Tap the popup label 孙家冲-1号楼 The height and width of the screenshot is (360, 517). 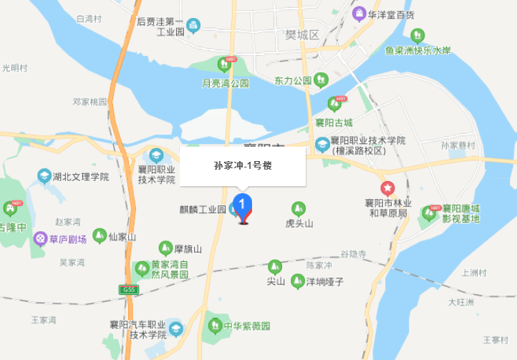pyautogui.click(x=243, y=165)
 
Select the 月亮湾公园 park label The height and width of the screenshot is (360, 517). pyautogui.click(x=225, y=83)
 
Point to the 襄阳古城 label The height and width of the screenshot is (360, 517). pyautogui.click(x=334, y=122)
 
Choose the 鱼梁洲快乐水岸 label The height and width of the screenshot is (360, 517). pyautogui.click(x=417, y=50)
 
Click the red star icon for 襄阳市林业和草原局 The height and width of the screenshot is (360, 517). pyautogui.click(x=387, y=188)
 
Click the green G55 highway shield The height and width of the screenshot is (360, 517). pyautogui.click(x=128, y=289)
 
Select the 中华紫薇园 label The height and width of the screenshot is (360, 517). pyautogui.click(x=246, y=326)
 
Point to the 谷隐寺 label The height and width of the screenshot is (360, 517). pyautogui.click(x=353, y=254)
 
